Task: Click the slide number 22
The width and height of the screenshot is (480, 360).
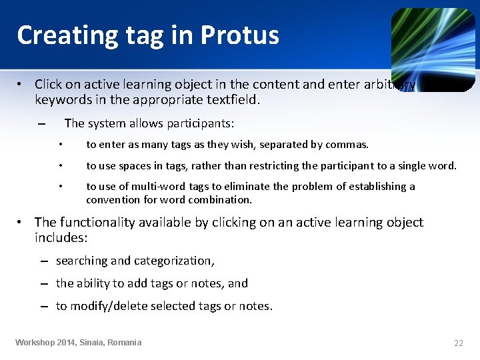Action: click(x=458, y=343)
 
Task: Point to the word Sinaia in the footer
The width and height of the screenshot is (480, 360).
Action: click(x=91, y=342)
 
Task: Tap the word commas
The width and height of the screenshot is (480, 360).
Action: click(x=349, y=144)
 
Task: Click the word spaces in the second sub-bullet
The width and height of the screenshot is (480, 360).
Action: click(x=133, y=165)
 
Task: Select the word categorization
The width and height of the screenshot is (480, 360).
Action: click(x=174, y=261)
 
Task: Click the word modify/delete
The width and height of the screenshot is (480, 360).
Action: click(x=107, y=306)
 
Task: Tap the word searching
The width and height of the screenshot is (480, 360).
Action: click(x=81, y=261)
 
